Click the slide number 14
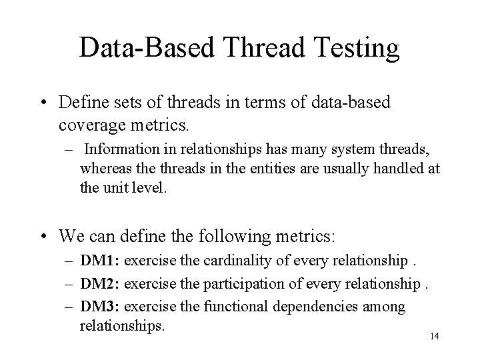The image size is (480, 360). click(434, 336)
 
